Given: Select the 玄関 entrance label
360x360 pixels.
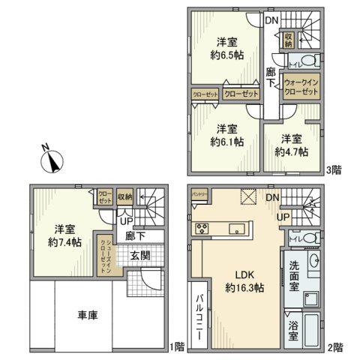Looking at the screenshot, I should point(140,256).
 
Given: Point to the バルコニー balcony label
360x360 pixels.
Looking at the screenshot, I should point(200,316).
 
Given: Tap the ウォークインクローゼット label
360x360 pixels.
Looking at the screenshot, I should point(301,85).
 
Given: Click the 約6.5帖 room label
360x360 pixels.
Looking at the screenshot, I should point(227,47).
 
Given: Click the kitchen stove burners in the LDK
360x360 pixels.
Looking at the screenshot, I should point(202,228).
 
